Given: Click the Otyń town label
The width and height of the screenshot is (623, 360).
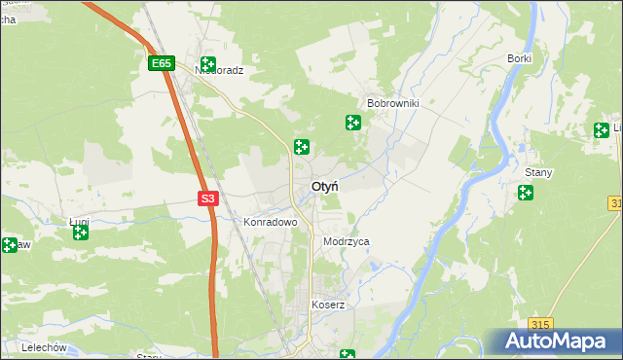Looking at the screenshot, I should point(325,186).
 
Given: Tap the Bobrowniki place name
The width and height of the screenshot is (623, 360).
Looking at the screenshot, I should point(392,102).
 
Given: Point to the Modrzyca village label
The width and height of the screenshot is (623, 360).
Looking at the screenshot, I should point(346,241).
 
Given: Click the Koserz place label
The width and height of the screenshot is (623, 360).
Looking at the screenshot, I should point(328,305).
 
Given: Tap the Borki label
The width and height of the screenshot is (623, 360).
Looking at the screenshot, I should point(519,58).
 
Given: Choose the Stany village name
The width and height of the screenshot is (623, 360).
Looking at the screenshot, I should point(538,172).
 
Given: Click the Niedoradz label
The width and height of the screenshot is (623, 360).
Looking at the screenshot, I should point(219,70).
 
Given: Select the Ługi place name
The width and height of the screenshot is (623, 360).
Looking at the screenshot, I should point(79,221).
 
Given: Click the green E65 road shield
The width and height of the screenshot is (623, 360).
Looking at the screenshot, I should point(162,64).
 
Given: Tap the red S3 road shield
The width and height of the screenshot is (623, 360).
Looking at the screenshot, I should point(207,198).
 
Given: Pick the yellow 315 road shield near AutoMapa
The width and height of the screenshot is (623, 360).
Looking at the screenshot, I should point(542,324).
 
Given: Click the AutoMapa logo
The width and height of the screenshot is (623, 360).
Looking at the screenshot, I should point(556,342).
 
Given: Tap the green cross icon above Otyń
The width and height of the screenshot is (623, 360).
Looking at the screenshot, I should point(302,147).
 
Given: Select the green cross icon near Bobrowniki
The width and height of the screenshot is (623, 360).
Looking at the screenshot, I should point(353,123).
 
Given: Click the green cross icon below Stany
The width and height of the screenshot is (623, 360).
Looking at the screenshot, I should point(527,194).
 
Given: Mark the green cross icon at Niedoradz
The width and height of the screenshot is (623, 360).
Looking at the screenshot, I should point(207,63).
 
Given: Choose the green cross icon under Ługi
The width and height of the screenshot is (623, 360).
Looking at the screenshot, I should point(81,233).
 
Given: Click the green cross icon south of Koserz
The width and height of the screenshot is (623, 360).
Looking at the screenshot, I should point(347,355).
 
